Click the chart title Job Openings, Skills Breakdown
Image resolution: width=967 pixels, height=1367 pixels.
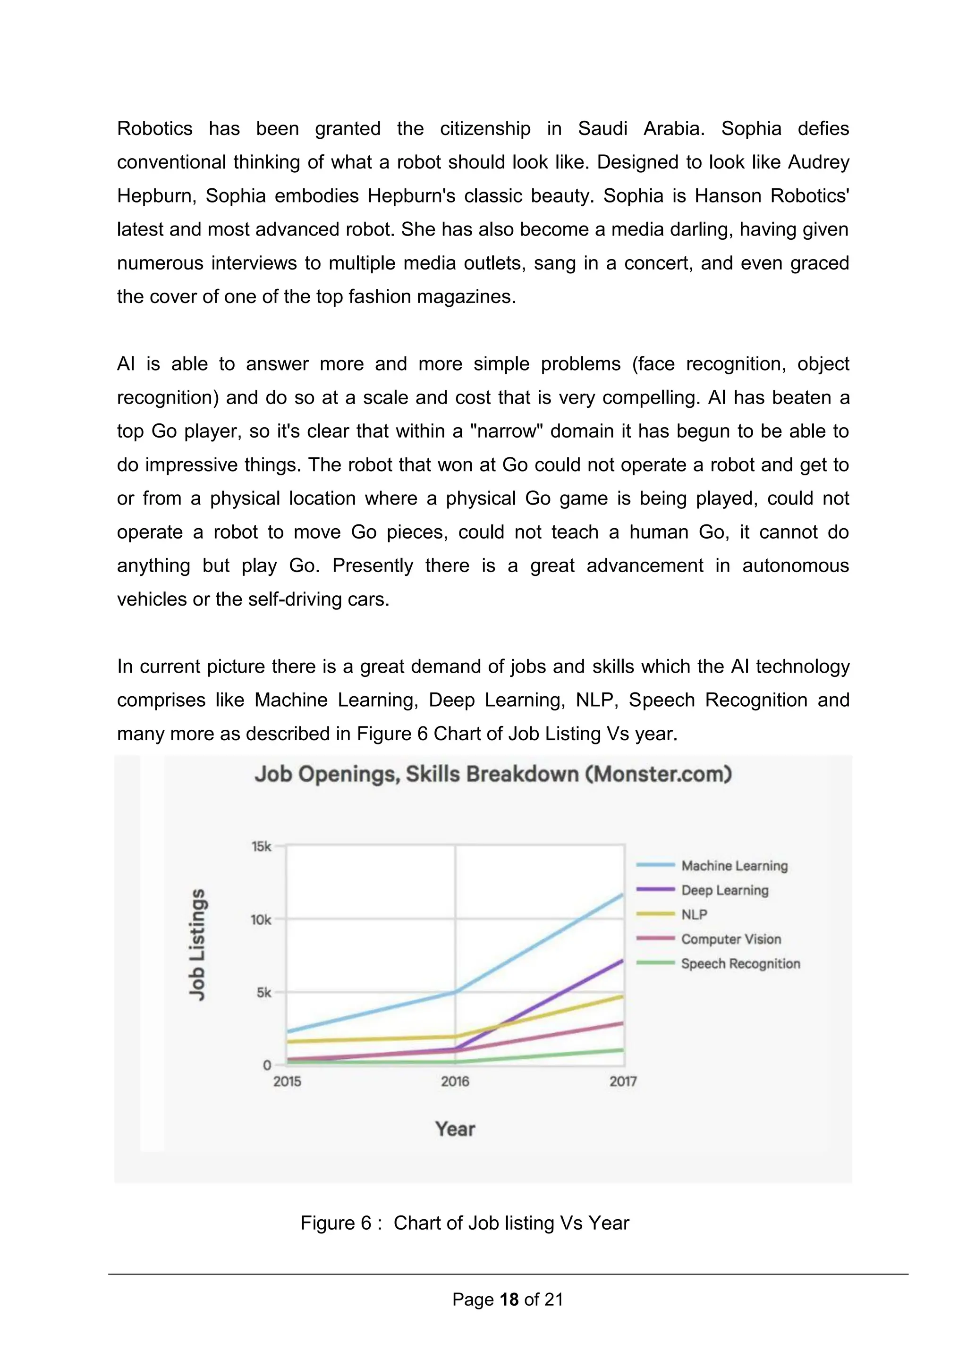(x=493, y=774)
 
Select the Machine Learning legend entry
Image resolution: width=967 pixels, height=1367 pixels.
(x=734, y=866)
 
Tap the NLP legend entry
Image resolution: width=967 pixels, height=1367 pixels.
(x=694, y=914)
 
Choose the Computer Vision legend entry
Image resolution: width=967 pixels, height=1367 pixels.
(x=730, y=939)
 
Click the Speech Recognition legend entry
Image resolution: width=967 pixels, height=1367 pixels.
(x=740, y=963)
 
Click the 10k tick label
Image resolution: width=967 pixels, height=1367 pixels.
(x=261, y=920)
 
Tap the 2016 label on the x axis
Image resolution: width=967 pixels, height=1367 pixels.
(x=455, y=1081)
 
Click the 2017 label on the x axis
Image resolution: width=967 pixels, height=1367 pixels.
(x=623, y=1081)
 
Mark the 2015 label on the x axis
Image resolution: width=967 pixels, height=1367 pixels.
(x=287, y=1081)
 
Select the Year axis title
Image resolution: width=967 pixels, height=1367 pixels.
(x=455, y=1129)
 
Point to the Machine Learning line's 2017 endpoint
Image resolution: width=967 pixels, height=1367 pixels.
(x=622, y=894)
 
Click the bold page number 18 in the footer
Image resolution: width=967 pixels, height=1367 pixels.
(x=509, y=1299)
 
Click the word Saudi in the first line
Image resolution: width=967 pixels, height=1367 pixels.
(x=602, y=128)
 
